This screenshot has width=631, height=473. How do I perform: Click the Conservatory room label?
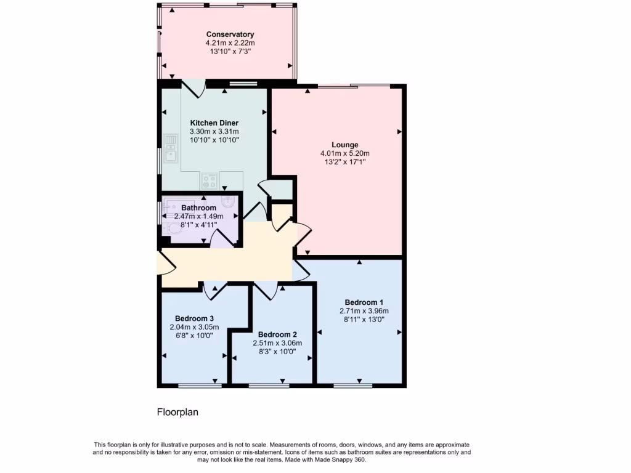point(230,34)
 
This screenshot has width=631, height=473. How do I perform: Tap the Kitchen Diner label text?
point(214,123)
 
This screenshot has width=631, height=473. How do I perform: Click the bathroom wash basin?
point(228,201)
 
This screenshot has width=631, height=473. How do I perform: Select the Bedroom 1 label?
point(364,302)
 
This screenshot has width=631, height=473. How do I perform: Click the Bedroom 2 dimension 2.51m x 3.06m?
point(277,343)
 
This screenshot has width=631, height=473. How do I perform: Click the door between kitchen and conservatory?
point(196,89)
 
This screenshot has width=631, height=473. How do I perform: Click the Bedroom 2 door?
point(266,290)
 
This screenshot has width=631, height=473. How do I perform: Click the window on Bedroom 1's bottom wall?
point(353,386)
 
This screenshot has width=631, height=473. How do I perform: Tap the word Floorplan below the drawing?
point(177,412)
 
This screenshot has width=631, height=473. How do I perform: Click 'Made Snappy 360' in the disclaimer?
point(341,459)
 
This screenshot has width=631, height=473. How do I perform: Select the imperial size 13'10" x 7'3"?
point(230,52)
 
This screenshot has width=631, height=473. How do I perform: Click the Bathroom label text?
point(198,208)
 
